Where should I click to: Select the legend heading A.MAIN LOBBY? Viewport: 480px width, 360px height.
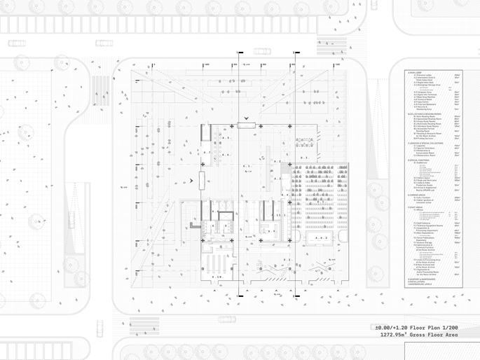click(416, 72)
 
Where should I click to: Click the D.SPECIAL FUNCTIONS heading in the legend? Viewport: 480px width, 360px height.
click(419, 160)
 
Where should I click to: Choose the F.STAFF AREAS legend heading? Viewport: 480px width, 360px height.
click(416, 206)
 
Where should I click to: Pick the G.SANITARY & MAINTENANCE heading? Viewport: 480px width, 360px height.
click(425, 279)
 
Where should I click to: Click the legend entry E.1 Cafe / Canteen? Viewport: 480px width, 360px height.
click(422, 198)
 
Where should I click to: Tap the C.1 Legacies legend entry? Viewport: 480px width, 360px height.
click(420, 145)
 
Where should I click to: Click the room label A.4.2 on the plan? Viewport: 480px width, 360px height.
click(322, 239)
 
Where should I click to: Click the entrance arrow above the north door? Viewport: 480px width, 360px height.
click(246, 118)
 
